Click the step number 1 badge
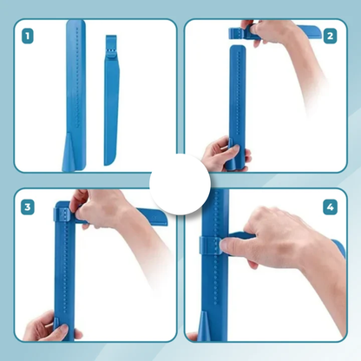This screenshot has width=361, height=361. [28, 36]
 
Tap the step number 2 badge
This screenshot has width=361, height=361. [330, 36]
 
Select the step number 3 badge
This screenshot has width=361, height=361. [28, 207]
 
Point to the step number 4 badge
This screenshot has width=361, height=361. [330, 207]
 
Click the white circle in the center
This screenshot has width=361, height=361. [180, 184]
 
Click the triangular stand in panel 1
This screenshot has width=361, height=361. [69, 153]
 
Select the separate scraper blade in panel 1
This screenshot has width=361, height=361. [111, 100]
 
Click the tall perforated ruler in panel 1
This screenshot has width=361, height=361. [75, 95]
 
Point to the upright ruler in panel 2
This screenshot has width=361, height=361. [238, 108]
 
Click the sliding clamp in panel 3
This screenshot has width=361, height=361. [62, 214]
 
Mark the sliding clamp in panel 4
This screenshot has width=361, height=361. [209, 246]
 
